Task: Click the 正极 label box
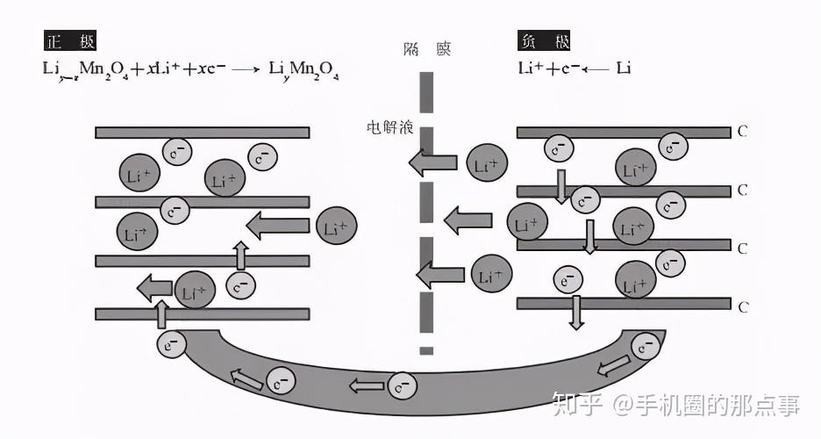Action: click(70, 40)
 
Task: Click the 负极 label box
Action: click(545, 40)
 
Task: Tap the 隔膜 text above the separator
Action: click(425, 49)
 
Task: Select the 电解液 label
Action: click(389, 126)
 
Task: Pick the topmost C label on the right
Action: click(742, 133)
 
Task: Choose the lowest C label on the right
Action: click(742, 306)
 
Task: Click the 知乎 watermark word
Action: click(575, 405)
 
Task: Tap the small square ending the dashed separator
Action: click(426, 351)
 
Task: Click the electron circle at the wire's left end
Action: click(171, 343)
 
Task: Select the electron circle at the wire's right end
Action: click(646, 347)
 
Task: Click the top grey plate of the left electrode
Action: click(202, 133)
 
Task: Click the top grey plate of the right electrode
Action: click(623, 133)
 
